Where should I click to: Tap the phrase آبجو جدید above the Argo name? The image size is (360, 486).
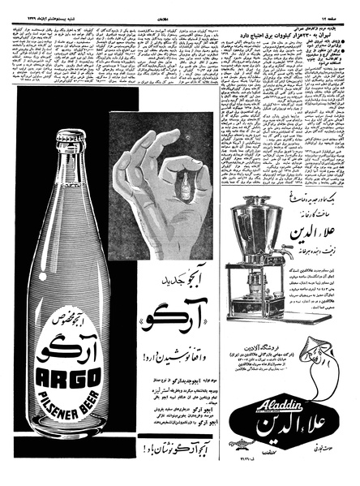[182, 277]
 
